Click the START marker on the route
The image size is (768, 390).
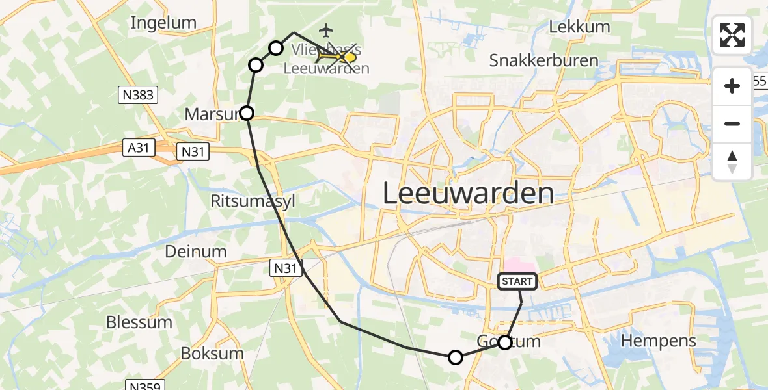pos(517,281)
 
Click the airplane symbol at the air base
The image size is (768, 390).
pos(327,30)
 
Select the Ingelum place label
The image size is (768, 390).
pos(163,23)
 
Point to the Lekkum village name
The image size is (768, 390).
pos(579,27)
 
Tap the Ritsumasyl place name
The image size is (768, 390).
pos(253,201)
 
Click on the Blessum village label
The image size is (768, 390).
pos(139,322)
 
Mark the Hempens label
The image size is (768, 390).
pos(659,341)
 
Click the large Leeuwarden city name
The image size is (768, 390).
pos(468,194)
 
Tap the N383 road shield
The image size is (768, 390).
pos(137,96)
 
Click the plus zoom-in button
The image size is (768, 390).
pos(732,86)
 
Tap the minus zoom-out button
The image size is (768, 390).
pos(732,123)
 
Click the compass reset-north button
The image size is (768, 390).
pos(732,162)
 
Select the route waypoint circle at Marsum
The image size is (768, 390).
pos(247,113)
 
